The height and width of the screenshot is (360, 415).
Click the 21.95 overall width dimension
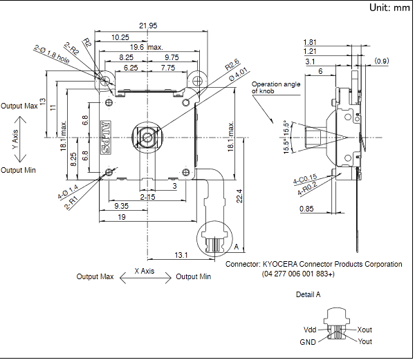(147, 26)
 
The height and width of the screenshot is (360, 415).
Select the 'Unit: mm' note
(389, 8)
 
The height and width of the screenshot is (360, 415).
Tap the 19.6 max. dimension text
(146, 47)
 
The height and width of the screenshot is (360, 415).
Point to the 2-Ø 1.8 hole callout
(51, 55)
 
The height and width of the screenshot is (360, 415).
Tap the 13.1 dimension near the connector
(181, 255)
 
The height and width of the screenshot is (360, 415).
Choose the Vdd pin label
(310, 330)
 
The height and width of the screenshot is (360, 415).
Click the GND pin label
(308, 341)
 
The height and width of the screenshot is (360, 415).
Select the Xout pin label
(365, 330)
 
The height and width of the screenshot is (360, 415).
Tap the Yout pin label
(365, 341)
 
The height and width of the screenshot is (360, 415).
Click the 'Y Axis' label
(15, 138)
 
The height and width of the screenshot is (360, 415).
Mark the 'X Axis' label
(143, 271)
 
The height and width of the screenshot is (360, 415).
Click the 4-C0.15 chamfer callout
(304, 180)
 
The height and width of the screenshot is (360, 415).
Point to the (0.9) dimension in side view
(382, 61)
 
